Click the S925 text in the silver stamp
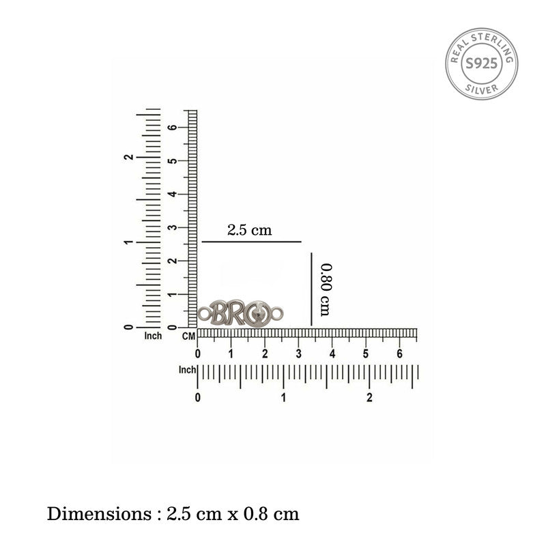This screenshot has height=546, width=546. pyautogui.click(x=481, y=63)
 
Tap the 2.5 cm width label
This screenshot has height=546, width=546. pyautogui.click(x=249, y=230)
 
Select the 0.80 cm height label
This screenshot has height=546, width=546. pyautogui.click(x=326, y=289)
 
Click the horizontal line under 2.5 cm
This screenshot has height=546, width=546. pyautogui.click(x=251, y=242)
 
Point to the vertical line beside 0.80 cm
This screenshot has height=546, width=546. pyautogui.click(x=311, y=289)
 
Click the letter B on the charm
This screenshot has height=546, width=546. pyautogui.click(x=219, y=313)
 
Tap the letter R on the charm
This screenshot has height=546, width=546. pyautogui.click(x=235, y=313)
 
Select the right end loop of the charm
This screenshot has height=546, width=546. pyautogui.click(x=278, y=313)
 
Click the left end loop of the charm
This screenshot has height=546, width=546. pyautogui.click(x=204, y=314)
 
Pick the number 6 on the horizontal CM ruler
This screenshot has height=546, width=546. pyautogui.click(x=399, y=354)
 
